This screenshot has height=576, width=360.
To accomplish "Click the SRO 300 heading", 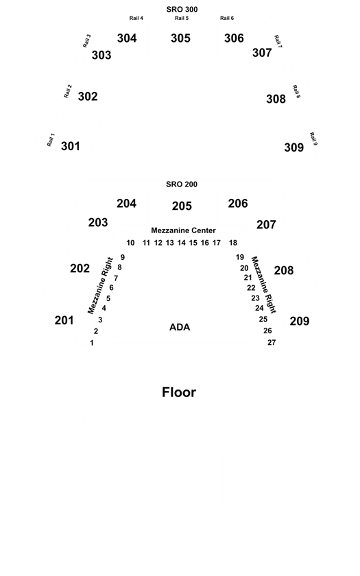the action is pos(182,9).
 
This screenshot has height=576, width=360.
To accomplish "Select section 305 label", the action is pos(180,38).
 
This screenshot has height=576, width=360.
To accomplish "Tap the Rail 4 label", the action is pos(136,18).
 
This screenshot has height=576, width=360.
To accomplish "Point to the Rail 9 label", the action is pos(313,139).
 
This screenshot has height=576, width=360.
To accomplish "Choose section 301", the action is pos(70,146).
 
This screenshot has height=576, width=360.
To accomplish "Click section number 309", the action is pos(294,147).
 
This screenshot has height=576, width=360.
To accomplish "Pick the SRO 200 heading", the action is pos(182,184).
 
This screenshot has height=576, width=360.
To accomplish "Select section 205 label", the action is pos(182,206).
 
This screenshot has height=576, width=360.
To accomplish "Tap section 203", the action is pos(97,223).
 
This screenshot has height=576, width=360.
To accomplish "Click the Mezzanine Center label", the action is pos(183,230).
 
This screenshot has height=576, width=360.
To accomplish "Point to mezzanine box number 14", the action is pos(182,243).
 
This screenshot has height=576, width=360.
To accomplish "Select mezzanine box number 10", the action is pos(130,243).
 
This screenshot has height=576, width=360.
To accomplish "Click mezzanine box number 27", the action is pos(272,342).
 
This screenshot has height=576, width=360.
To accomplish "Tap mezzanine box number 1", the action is pos(92,343).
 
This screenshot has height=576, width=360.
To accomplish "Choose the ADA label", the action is pos(180,327).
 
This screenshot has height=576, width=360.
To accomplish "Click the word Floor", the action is pos(179,392).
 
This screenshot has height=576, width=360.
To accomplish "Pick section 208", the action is pos(284,271).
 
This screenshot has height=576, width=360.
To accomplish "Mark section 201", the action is pos(64,320).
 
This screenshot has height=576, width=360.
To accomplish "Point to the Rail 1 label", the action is pos(51,140).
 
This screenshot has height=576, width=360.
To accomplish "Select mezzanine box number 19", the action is pos(240,257).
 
